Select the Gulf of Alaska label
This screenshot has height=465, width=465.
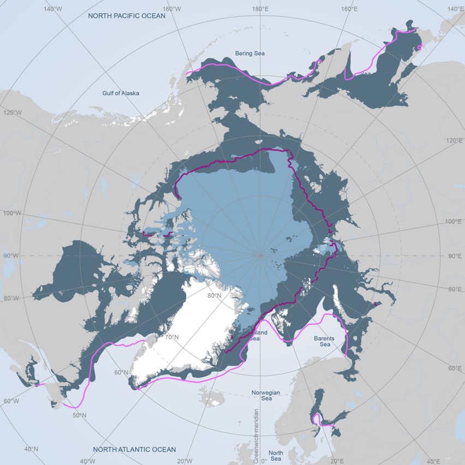pyautogui.click(x=121, y=93)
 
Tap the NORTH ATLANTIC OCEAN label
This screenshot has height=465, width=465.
pyautogui.click(x=134, y=449)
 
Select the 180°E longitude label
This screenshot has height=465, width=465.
pyautogui.click(x=259, y=9)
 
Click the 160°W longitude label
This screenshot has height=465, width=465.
pyautogui.click(x=171, y=9)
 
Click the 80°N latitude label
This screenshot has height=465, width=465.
pyautogui.click(x=214, y=296)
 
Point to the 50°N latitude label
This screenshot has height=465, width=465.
pyautogui.click(x=79, y=415)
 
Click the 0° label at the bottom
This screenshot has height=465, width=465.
pyautogui.click(x=264, y=461)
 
